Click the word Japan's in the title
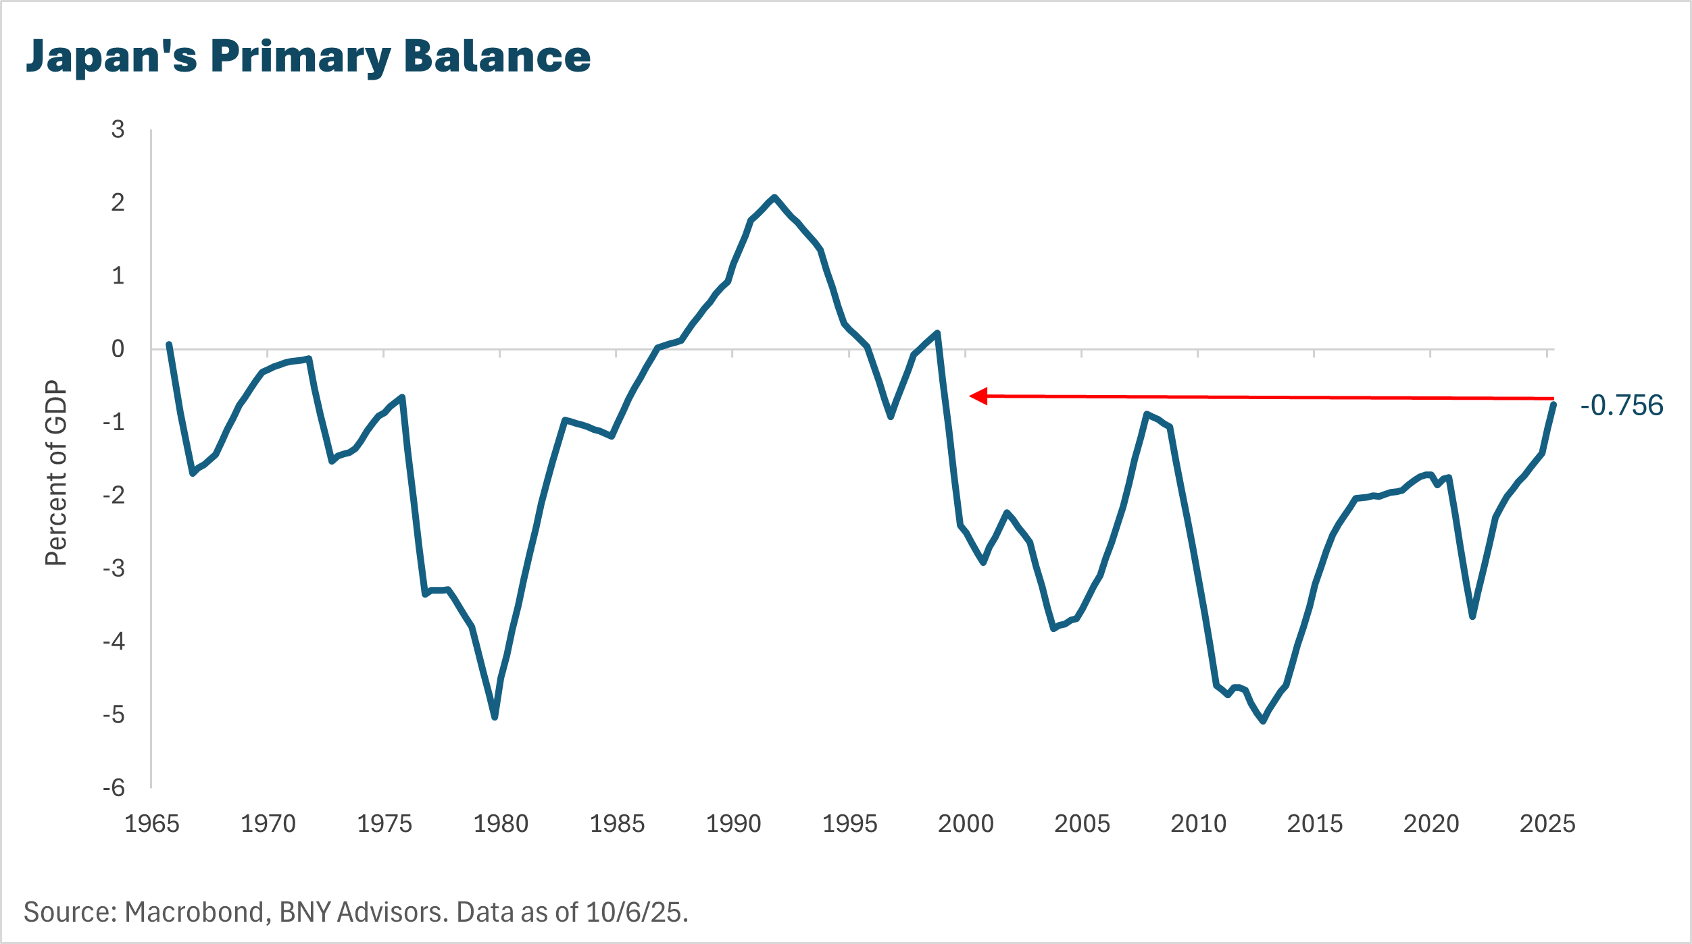(111, 57)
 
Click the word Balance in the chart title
(497, 57)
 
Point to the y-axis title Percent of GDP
(57, 473)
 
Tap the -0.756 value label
(1621, 406)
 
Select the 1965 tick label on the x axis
(152, 824)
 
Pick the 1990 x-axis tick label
(733, 824)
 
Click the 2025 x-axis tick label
(1547, 824)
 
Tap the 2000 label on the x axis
(966, 824)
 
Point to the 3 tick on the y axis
(118, 129)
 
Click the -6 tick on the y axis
(114, 787)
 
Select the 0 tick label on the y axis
(118, 349)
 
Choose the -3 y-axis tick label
(114, 569)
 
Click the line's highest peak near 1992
(774, 197)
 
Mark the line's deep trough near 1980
(495, 716)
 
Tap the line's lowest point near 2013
(1263, 721)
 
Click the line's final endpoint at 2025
(1554, 404)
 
